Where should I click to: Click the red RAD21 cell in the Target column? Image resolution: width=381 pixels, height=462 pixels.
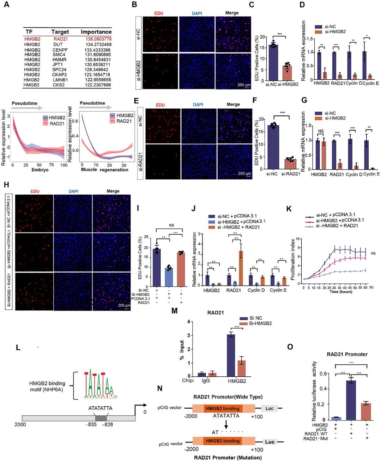60,39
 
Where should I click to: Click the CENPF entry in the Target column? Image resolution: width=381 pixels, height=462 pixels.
60,50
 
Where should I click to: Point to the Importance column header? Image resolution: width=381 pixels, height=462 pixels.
96,32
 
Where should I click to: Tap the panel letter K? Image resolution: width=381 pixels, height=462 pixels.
289,209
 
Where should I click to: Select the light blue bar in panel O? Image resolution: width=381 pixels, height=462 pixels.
336,418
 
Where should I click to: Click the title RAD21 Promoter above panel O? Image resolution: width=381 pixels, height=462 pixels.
347,354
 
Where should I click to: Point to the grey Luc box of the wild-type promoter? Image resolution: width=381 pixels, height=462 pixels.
269,408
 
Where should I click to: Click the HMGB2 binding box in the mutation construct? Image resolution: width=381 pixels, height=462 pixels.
222,441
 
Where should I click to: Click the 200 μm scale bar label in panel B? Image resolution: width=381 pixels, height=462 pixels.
244,85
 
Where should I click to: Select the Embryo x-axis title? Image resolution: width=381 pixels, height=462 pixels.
40,170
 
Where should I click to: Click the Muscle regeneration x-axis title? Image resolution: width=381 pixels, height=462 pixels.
104,170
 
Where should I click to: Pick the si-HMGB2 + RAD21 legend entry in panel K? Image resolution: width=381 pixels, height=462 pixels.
337,226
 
